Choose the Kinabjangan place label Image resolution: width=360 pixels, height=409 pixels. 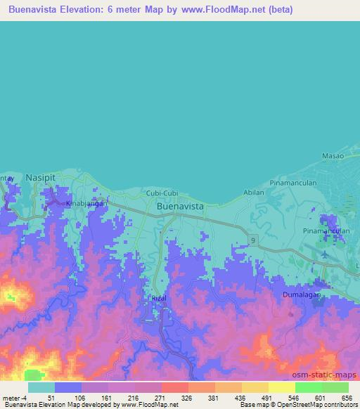click(86, 203)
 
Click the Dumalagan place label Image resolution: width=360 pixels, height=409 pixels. click(302, 295)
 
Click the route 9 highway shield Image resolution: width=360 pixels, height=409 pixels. click(252, 240)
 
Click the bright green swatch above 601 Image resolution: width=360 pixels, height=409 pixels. click(308, 387)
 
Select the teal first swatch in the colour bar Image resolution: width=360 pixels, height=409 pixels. click(41, 387)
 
